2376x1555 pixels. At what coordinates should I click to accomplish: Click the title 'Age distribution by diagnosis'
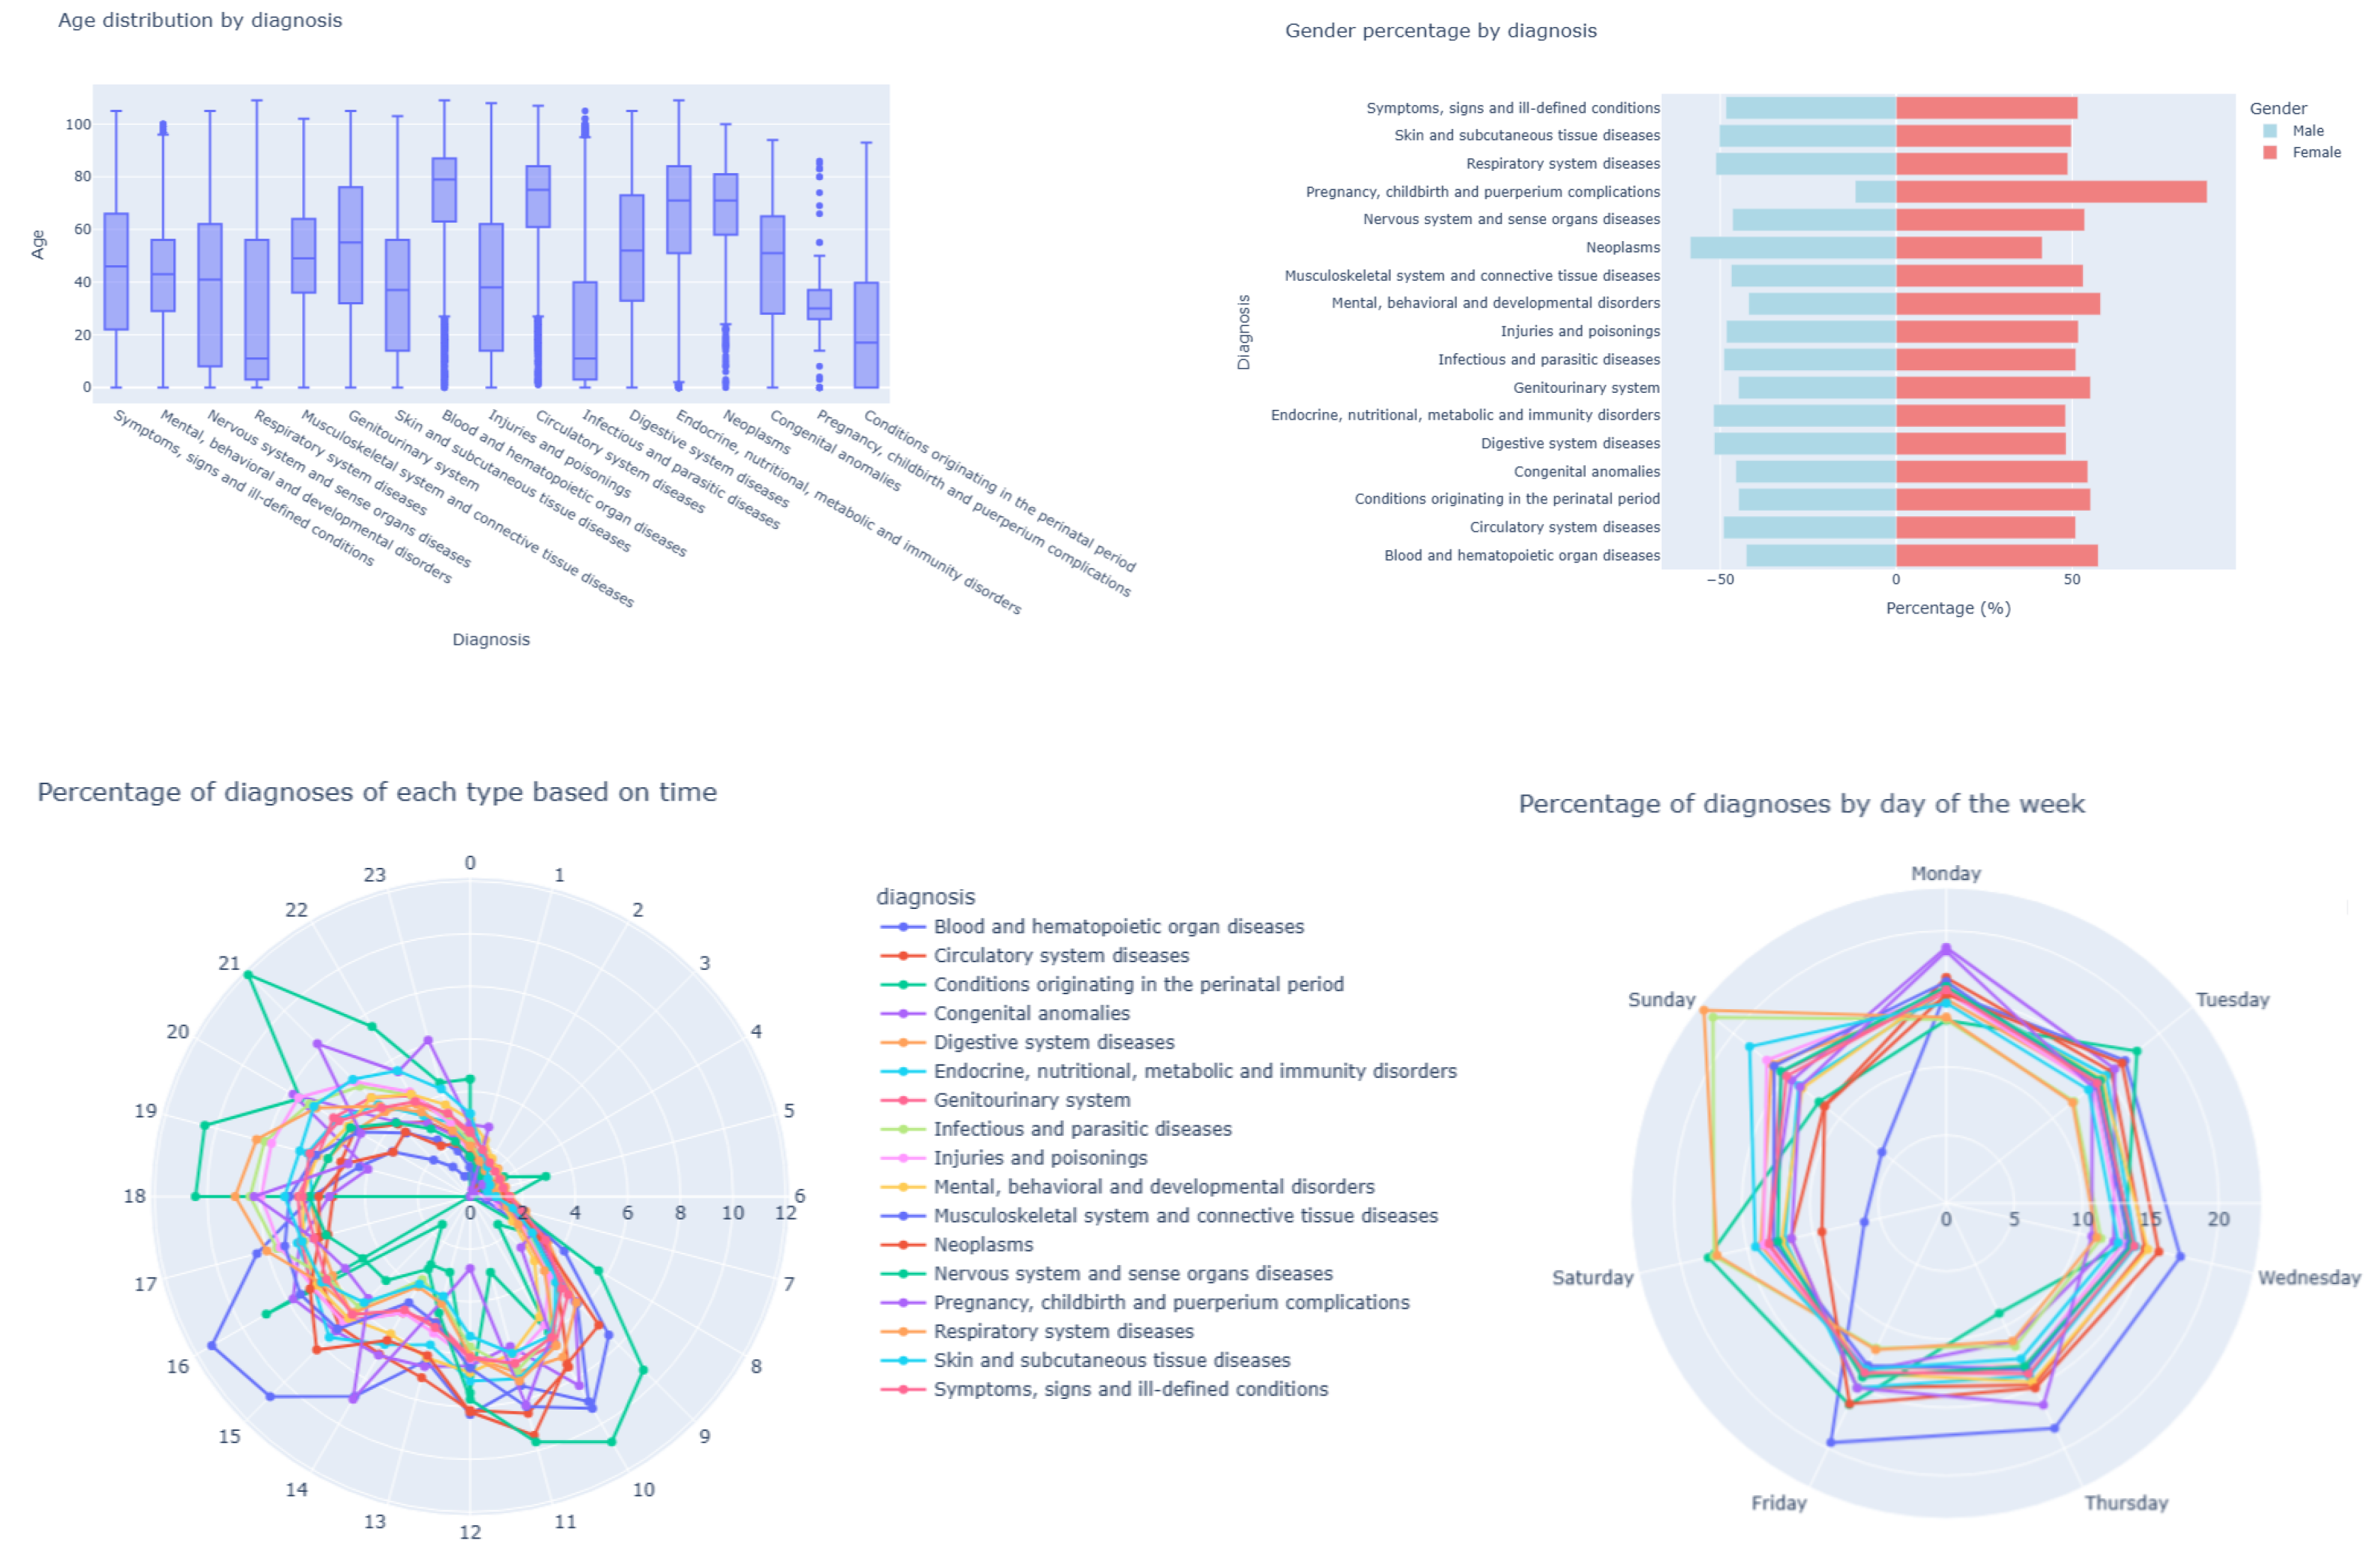click(200, 20)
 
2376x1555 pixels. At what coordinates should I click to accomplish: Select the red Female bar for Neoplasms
click(1967, 247)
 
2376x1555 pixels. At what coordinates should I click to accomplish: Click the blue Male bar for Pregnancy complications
click(1875, 191)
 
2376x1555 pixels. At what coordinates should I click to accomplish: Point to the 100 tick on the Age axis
click(78, 125)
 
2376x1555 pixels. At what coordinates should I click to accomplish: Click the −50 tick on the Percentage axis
click(1719, 580)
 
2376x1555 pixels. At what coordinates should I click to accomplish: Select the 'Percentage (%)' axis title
click(1947, 608)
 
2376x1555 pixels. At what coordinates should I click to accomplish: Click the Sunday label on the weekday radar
click(1660, 1000)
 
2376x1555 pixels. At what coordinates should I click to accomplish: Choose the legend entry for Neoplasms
click(982, 1244)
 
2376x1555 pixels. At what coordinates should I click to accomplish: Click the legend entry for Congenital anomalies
click(1031, 1013)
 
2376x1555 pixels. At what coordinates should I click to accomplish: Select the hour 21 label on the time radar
click(230, 963)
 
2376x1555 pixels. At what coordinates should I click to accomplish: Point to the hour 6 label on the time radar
click(799, 1195)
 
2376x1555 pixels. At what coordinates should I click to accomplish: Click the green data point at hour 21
click(248, 975)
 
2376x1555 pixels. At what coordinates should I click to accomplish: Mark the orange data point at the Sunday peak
click(1704, 1011)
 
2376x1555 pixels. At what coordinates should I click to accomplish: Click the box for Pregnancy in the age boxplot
click(818, 304)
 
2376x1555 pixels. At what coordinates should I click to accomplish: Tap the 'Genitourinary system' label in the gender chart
click(1585, 387)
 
